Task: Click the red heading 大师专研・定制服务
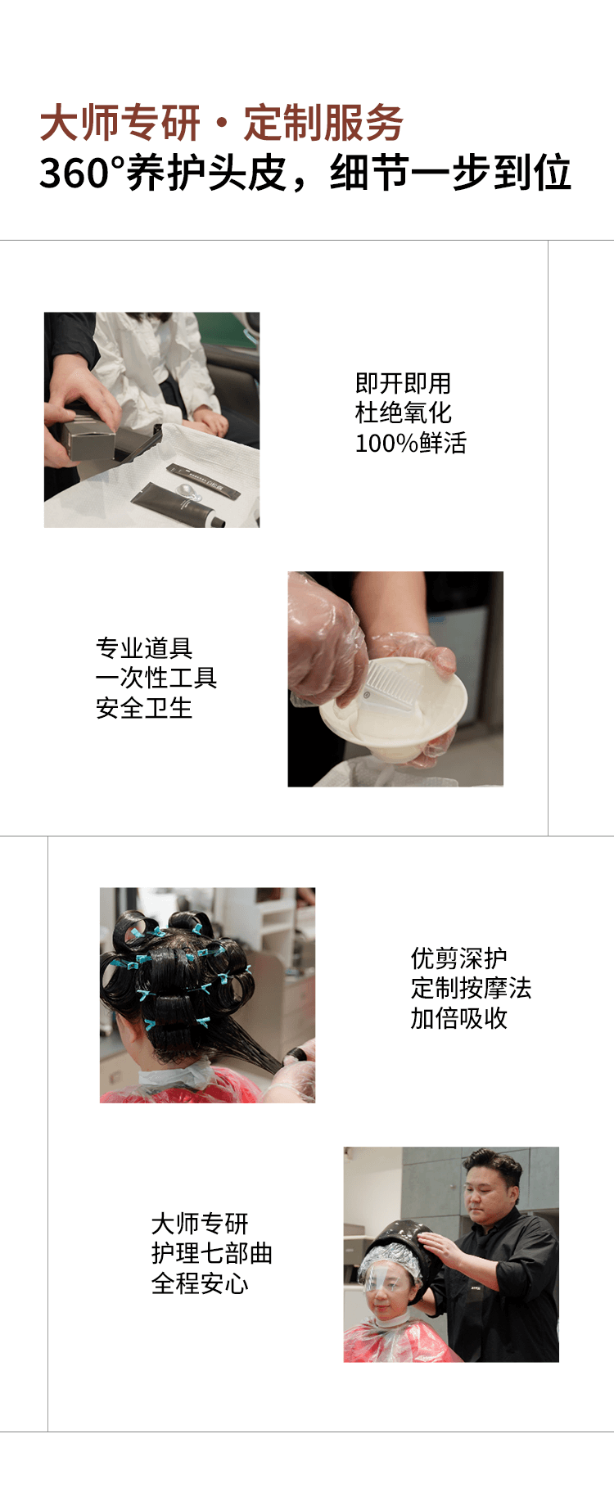[221, 124]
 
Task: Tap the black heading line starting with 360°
[305, 173]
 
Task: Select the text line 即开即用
[403, 383]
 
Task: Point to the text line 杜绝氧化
[403, 413]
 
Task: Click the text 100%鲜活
[410, 444]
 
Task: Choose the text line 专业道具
[144, 648]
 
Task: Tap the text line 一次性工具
[156, 678]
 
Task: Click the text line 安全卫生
[144, 708]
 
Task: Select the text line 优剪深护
[459, 958]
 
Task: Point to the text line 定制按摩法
[471, 989]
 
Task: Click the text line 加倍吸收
[459, 1019]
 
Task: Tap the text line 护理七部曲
[212, 1253]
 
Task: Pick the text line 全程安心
[200, 1283]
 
